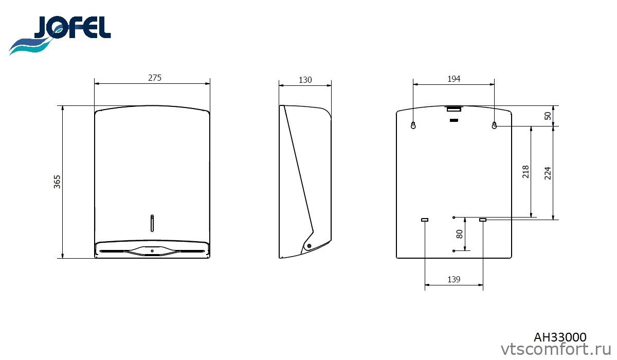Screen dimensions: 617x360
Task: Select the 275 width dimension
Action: click(155, 78)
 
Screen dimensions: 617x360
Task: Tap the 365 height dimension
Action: click(57, 182)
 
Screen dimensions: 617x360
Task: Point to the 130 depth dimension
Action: click(305, 80)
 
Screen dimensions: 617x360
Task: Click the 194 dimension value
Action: click(453, 79)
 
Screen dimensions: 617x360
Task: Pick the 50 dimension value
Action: click(548, 116)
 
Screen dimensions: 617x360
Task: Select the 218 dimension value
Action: click(525, 172)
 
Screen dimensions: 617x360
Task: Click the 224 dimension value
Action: click(548, 173)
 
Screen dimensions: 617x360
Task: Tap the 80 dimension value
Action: click(459, 234)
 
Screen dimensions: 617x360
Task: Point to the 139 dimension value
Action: click(453, 280)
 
